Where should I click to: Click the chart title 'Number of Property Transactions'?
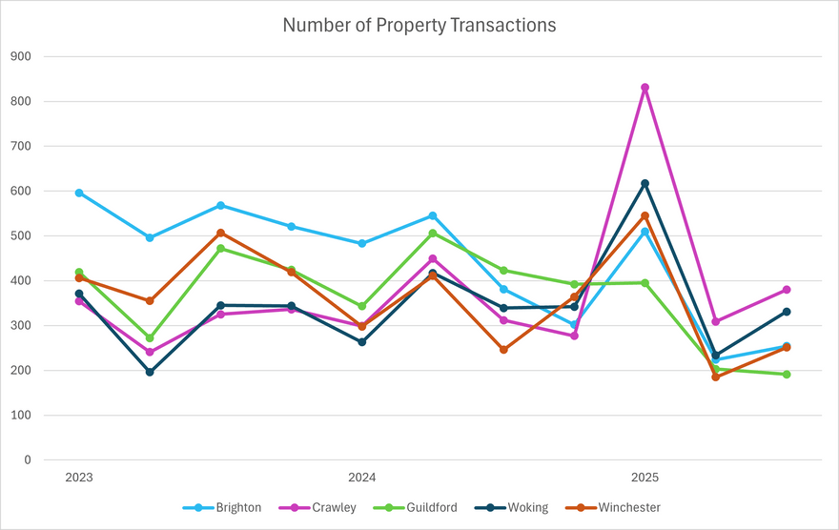coord(419,26)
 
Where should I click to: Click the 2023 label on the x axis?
coord(79,477)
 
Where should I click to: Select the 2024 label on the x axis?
coord(362,477)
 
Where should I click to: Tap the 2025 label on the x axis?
coord(645,477)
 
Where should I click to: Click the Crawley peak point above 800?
coord(645,88)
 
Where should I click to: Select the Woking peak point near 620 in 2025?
coord(645,183)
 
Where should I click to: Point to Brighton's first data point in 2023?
coord(79,193)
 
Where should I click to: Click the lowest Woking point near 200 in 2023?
coord(150,372)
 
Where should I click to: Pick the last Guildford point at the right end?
coord(787,375)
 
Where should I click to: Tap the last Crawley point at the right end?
coord(787,290)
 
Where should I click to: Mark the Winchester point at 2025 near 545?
coord(645,215)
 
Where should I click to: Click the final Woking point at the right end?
coord(787,312)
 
